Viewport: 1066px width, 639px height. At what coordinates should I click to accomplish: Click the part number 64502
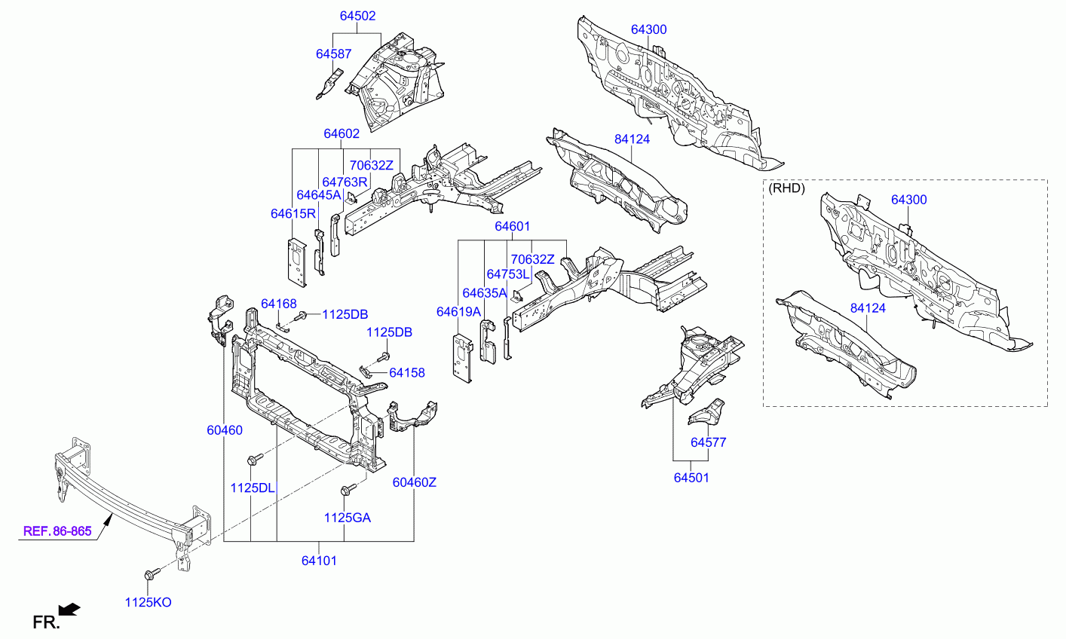[x=357, y=16]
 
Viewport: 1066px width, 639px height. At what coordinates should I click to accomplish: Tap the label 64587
[x=334, y=54]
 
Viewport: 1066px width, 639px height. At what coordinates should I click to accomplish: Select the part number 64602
[x=342, y=133]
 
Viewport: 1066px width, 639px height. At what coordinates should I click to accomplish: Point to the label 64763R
[x=345, y=182]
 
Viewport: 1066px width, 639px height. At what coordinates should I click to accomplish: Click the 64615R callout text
[x=293, y=214]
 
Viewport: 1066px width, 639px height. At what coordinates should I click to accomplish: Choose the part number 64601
[x=512, y=227]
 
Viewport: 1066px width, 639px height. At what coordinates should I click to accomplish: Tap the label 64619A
[x=459, y=312]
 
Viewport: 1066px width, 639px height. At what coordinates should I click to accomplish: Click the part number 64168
[x=278, y=304]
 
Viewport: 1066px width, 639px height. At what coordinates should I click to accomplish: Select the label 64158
[x=407, y=373]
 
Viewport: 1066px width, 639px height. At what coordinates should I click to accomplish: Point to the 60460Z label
[x=414, y=482]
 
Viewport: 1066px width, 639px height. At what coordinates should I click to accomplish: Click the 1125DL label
[x=253, y=488]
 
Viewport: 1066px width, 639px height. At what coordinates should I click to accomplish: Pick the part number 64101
[x=319, y=561]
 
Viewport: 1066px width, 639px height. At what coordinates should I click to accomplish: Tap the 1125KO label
[x=148, y=603]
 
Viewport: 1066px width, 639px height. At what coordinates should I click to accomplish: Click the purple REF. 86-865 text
[x=57, y=531]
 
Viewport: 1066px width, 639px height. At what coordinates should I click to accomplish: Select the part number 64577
[x=708, y=442]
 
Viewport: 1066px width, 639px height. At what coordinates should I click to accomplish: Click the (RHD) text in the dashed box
[x=786, y=188]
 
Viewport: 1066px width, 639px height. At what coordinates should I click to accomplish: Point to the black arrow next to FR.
[x=69, y=610]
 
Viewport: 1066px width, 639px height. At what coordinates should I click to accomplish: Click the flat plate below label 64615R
[x=296, y=262]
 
